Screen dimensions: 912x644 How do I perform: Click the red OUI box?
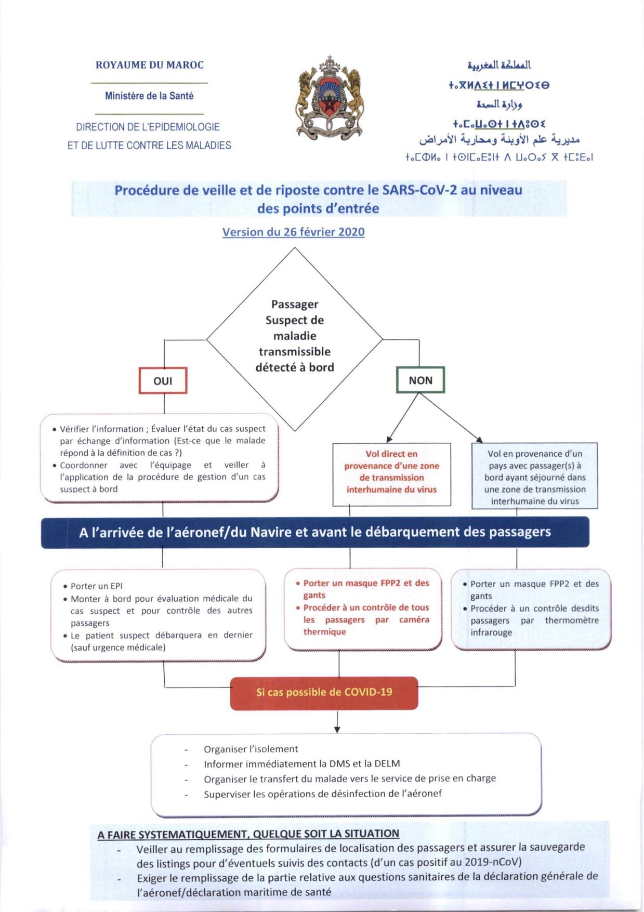[x=163, y=380]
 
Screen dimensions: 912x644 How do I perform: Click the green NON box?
[x=420, y=380]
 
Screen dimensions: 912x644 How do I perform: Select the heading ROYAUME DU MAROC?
[x=150, y=65]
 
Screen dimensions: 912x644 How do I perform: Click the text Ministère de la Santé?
[x=149, y=96]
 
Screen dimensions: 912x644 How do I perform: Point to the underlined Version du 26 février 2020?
[x=293, y=232]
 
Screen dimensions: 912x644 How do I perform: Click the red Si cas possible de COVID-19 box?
[x=324, y=692]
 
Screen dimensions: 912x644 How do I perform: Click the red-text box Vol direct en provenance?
[x=391, y=472]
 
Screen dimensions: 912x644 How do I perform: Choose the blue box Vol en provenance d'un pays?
[x=535, y=477]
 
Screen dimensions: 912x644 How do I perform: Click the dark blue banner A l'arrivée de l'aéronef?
[x=315, y=532]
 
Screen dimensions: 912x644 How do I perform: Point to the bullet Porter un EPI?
[x=97, y=586]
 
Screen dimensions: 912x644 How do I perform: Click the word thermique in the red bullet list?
[x=325, y=632]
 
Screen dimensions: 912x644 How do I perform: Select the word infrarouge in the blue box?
[x=491, y=632]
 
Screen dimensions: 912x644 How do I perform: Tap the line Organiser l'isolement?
[x=251, y=749]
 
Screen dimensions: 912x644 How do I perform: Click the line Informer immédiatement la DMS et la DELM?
[x=301, y=763]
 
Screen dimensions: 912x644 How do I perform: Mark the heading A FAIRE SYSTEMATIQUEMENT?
[x=248, y=834]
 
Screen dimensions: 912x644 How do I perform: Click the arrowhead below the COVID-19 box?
[x=337, y=730]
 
